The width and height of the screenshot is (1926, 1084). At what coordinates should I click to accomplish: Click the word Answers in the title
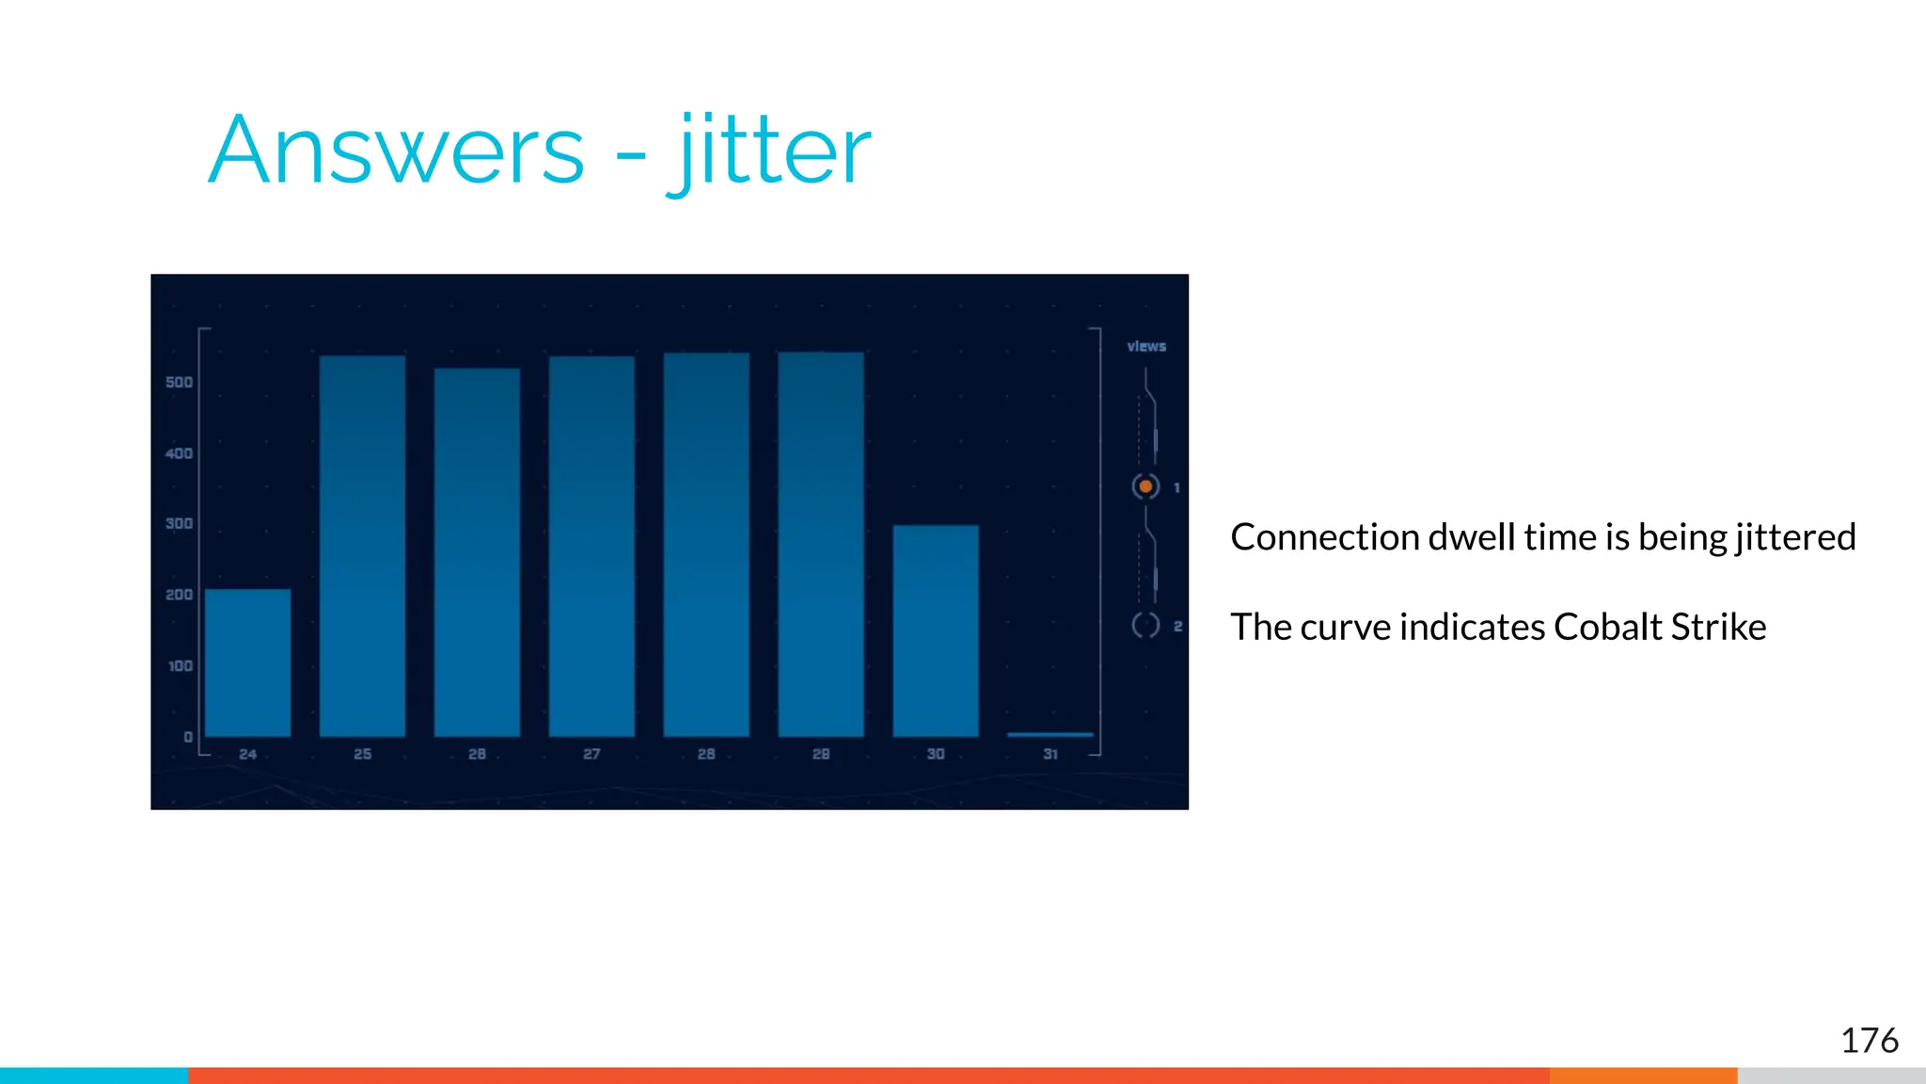tap(396, 151)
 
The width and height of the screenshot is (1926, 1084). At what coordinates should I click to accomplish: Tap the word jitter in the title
tap(769, 151)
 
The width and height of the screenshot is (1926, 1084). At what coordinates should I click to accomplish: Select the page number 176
tap(1869, 1041)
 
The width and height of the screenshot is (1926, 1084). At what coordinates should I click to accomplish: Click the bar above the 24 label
tap(247, 662)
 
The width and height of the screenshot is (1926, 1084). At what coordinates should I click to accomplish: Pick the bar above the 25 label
tap(362, 546)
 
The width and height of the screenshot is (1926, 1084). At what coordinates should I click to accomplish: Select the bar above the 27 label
tap(592, 546)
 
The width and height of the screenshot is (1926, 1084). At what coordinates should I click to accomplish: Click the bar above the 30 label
tap(936, 630)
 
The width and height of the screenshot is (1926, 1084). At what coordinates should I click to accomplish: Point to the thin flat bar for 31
tap(1050, 734)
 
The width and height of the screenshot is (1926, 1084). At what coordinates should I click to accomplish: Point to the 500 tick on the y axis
tap(179, 382)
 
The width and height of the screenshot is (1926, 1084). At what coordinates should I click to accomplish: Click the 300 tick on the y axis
tap(179, 523)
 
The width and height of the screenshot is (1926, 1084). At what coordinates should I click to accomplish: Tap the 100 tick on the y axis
tap(180, 666)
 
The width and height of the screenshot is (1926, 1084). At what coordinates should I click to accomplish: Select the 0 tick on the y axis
tap(188, 737)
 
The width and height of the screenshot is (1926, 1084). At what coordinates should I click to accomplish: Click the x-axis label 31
tap(1050, 754)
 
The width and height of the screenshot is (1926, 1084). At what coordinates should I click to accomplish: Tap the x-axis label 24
tap(247, 754)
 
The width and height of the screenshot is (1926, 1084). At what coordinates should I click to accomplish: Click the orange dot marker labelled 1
tap(1145, 486)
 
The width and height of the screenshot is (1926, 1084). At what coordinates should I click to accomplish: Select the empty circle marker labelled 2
tap(1145, 625)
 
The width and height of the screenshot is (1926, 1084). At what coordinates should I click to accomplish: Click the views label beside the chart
tap(1146, 346)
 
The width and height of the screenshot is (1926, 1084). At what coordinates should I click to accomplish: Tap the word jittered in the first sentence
tap(1795, 537)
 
